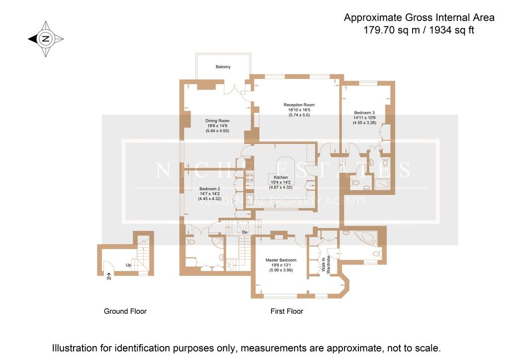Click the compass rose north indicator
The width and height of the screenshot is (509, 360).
tap(45, 39)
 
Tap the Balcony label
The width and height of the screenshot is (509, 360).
tap(223, 67)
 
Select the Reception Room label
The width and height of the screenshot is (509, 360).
tap(299, 105)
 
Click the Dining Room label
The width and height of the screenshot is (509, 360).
tap(217, 120)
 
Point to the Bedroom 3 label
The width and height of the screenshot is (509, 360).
tap(364, 112)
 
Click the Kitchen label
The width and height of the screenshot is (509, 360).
tap(281, 178)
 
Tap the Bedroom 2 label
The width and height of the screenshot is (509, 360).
tap(209, 189)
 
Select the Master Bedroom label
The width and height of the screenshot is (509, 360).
tap(280, 260)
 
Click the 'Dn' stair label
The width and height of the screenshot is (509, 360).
tap(245, 232)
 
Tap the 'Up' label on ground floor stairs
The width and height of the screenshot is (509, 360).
tap(128, 265)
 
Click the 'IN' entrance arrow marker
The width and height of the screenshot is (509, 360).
tap(109, 276)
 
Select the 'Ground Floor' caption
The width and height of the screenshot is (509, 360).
tap(125, 311)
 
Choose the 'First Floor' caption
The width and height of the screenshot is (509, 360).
tap(286, 311)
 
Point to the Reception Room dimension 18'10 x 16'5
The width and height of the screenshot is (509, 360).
tap(299, 110)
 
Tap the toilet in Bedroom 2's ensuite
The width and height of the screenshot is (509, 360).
tap(191, 242)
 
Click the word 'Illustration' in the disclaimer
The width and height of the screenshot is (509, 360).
tap(74, 348)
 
